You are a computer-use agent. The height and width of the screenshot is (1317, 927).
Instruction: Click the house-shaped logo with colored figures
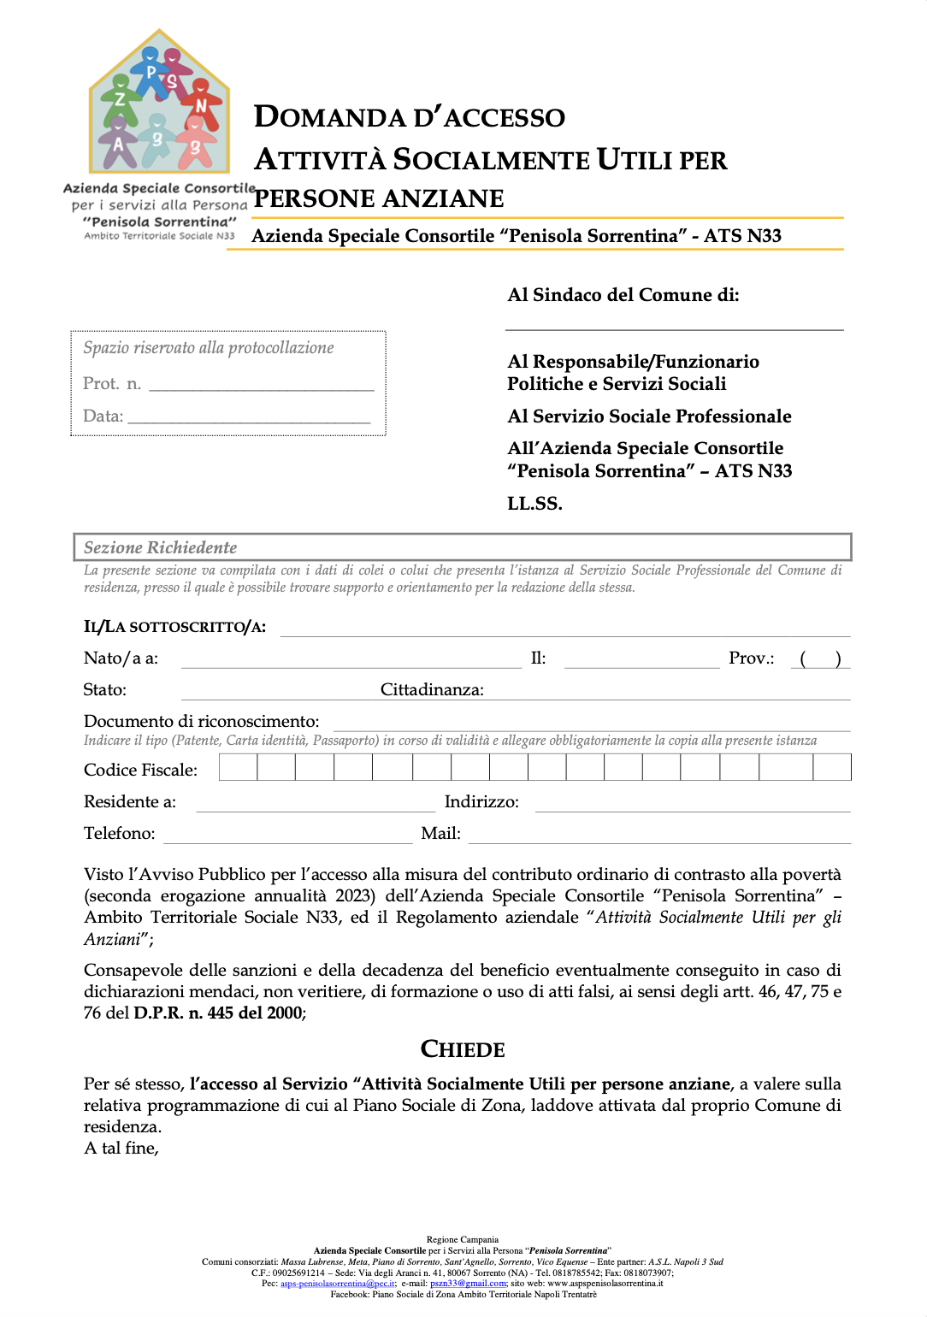[x=159, y=103]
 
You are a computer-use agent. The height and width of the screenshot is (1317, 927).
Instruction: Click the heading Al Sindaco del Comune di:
[x=623, y=295]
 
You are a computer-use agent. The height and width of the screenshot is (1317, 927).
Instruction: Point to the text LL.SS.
[x=534, y=504]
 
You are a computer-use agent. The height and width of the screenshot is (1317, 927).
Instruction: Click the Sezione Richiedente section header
[x=160, y=547]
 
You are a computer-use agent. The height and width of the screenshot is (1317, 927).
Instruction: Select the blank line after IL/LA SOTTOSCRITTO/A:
[x=564, y=629]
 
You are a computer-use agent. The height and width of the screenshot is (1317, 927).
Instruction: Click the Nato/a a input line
[x=351, y=659]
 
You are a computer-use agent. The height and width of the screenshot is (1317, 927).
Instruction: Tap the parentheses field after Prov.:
[x=820, y=658]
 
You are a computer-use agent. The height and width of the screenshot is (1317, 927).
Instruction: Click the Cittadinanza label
[x=432, y=690]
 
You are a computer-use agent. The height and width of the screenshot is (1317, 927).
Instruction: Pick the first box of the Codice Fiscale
[x=238, y=768]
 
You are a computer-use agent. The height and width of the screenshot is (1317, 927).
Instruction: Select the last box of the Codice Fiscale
[x=831, y=768]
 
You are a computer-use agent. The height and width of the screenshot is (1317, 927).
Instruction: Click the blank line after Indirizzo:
[x=693, y=803]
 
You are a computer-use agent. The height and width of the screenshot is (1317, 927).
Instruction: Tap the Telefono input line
[x=287, y=835]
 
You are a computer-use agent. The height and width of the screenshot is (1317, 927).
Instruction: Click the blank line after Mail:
[x=658, y=835]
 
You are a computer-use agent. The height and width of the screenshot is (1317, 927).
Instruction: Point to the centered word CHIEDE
[x=463, y=1049]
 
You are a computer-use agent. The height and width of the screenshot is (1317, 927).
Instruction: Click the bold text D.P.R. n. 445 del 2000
[x=219, y=1013]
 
